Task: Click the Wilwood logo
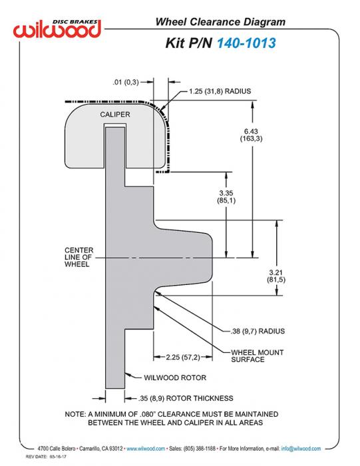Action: (x=57, y=29)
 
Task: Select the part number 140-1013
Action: (x=246, y=43)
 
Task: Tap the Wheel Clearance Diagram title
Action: (x=220, y=22)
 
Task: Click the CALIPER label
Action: (x=115, y=115)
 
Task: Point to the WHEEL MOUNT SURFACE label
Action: (x=258, y=356)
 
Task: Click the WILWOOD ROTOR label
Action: (x=175, y=377)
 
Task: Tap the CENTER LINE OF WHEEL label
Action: (x=79, y=258)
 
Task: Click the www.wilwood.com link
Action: (x=146, y=449)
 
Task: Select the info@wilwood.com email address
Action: (x=301, y=449)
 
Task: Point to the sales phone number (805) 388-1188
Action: (x=200, y=449)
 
